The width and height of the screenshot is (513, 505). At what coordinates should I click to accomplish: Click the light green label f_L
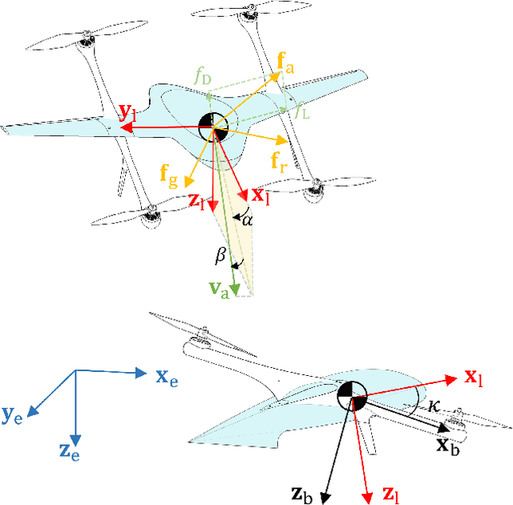[x=301, y=114]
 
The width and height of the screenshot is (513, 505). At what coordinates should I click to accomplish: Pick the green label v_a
[x=219, y=290]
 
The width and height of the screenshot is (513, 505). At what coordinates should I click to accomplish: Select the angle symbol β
[x=222, y=256]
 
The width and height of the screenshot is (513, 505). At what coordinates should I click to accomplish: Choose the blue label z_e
[x=71, y=451]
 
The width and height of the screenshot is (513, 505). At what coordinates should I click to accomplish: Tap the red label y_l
[x=128, y=112]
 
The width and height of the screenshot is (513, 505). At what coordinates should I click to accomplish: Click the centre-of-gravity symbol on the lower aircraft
[x=351, y=394]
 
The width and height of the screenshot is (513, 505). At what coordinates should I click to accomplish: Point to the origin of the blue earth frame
[x=75, y=370]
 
